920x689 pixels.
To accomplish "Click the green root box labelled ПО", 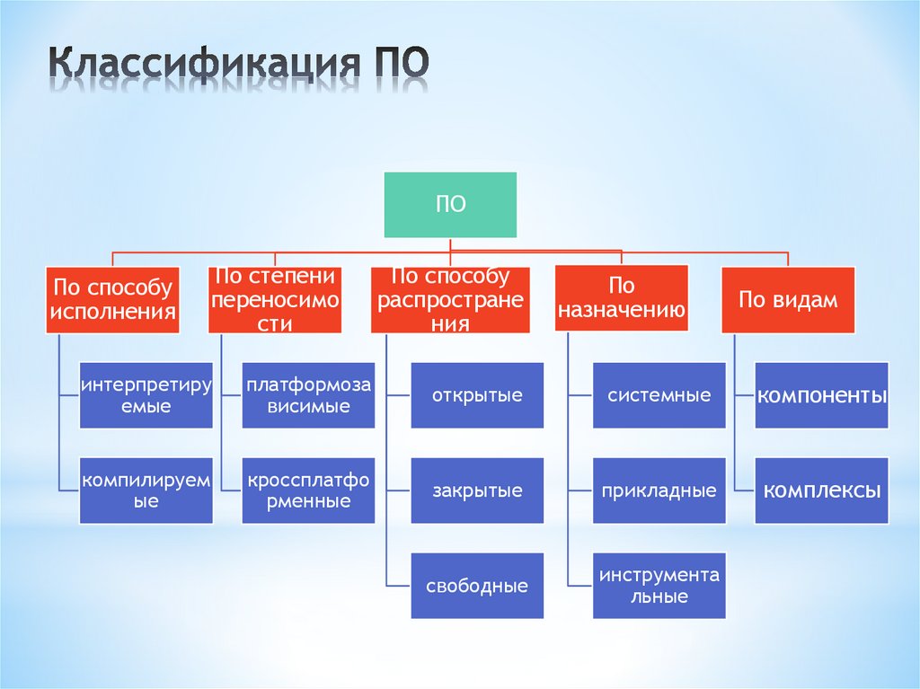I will pos(450,205).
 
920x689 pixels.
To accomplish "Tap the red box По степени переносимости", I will pos(275,300).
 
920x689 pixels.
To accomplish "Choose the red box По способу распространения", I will pos(450,300).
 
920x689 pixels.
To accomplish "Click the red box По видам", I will pos(788,300).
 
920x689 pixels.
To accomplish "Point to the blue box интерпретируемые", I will pos(146,395).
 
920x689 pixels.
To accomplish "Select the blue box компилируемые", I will pos(146,490).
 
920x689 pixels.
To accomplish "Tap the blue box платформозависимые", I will pos(309,395).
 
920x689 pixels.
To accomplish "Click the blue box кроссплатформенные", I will pos(309,490).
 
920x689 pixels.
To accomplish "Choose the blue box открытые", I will pos(477,395).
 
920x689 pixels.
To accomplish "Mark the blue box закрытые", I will pos(477,490).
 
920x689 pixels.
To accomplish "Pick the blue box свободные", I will pos(477,587).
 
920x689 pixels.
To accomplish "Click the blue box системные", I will pos(659,395).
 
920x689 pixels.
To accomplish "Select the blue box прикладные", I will pos(659,490).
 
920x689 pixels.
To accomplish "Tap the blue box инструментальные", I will pos(659,587).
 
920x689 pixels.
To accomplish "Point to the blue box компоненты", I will pos(821,395).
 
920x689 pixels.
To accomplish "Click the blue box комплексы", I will pos(821,490).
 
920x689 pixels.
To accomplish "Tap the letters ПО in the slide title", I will pos(400,65).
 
